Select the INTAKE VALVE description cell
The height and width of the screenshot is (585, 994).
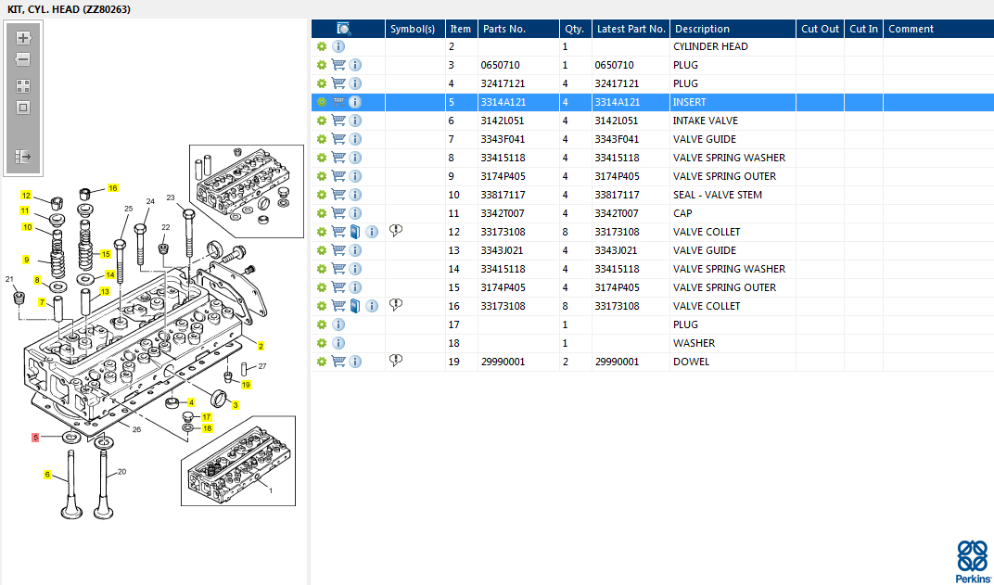(x=705, y=121)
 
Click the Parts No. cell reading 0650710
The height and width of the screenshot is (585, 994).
(x=500, y=65)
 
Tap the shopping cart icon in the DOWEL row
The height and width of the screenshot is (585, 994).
(x=338, y=362)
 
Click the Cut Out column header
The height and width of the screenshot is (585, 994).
(x=820, y=29)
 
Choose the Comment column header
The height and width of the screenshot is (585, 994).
(x=911, y=29)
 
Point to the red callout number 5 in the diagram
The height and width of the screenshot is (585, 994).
(x=35, y=438)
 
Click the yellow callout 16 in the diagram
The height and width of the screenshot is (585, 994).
(x=113, y=187)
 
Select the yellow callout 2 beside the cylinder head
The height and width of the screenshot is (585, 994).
(x=261, y=346)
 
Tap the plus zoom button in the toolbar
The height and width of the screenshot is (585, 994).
(x=23, y=38)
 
